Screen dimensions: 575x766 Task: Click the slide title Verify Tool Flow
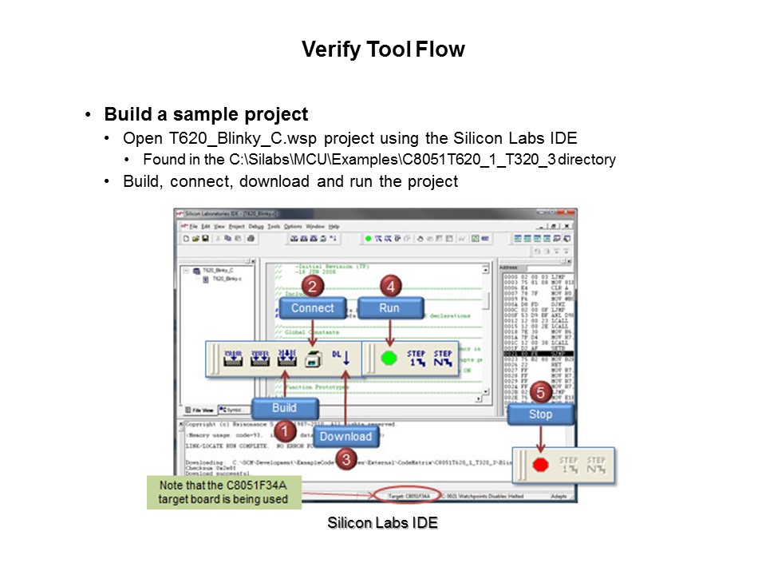coord(383,50)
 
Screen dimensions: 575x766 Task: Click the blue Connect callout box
coord(312,308)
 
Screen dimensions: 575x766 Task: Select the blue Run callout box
coord(389,308)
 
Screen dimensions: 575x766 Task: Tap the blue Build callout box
coord(284,408)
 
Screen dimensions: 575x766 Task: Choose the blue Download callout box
coord(345,436)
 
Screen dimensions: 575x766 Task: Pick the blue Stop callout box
coord(540,414)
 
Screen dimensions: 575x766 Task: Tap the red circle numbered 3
coord(345,459)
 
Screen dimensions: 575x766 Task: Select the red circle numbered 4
coord(389,285)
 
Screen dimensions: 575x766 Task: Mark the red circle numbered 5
coord(540,392)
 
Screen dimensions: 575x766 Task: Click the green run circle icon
coord(389,357)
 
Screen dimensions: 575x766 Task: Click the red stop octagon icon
coord(539,465)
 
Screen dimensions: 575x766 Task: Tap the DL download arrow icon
coord(342,356)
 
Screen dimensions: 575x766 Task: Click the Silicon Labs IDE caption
coord(382,524)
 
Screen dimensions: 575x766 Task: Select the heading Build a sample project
coord(206,114)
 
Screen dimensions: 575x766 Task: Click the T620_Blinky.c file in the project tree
coord(227,280)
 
